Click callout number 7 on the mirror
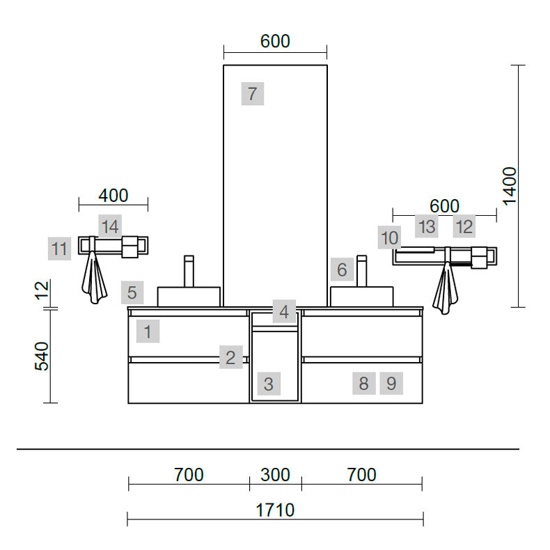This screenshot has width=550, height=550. click(253, 94)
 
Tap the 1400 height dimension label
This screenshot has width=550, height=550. click(510, 186)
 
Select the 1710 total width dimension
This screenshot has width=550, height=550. click(275, 510)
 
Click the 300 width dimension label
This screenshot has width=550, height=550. click(276, 475)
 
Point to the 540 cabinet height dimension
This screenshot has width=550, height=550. click(42, 356)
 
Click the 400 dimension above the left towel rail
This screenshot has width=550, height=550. click(113, 196)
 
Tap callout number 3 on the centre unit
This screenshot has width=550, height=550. click(269, 384)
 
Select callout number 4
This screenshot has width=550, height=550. click(284, 311)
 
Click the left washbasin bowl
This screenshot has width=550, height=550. click(189, 297)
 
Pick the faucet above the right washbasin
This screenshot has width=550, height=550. click(361, 270)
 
